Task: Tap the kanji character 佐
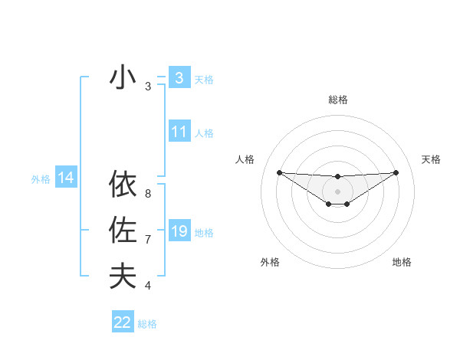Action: (123, 231)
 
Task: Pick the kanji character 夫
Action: (123, 276)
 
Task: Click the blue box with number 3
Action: (179, 77)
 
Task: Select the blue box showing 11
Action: (179, 132)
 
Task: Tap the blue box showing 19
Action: (179, 231)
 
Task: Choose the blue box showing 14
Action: (66, 178)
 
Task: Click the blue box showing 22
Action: (123, 322)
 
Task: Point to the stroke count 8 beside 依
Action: (148, 195)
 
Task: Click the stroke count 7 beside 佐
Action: (148, 240)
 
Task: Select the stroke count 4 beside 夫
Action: (148, 286)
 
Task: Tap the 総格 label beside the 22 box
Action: (147, 324)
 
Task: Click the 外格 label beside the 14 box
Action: (41, 179)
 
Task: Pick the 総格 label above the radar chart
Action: (337, 100)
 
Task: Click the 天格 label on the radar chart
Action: (431, 159)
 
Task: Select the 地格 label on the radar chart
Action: (402, 262)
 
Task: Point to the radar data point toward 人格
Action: (279, 172)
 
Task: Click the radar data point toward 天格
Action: (396, 172)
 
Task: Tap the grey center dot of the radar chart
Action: (337, 191)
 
